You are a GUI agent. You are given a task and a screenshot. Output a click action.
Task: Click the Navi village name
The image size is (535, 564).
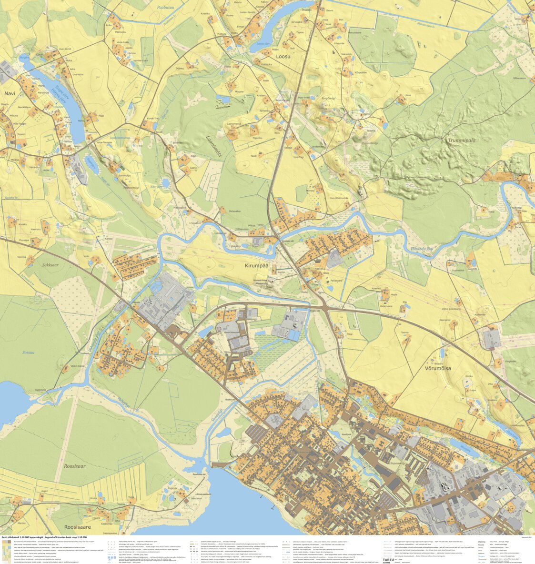pyautogui.click(x=10, y=94)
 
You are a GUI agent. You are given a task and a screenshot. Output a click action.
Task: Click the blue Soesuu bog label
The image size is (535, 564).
pyautogui.click(x=29, y=353)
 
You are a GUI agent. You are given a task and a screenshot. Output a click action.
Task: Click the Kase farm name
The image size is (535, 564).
pyautogui.click(x=408, y=95)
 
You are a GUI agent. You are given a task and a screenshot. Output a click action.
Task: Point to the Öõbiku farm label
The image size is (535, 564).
pyautogui.click(x=180, y=69)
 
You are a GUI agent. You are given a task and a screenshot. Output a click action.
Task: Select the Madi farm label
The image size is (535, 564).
pyautogui.click(x=101, y=116)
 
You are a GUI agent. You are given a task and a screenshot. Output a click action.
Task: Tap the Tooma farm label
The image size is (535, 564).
pyautogui.click(x=404, y=332)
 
